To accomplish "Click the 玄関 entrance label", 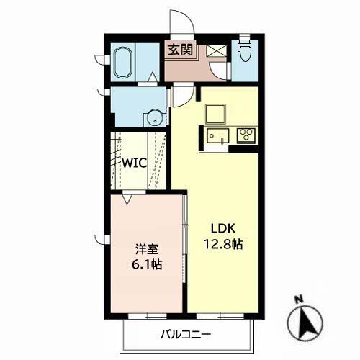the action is [x=180, y=50].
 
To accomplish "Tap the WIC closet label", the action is [x=135, y=163].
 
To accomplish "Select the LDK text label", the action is [x=223, y=228].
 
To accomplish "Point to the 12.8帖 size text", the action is [x=223, y=244].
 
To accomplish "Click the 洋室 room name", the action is [x=147, y=249].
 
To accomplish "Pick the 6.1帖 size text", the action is [x=147, y=264].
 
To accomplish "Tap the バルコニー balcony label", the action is [x=186, y=334].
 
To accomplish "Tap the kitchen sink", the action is [x=218, y=136].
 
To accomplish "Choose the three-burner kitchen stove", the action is [x=246, y=135].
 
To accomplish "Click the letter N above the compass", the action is [x=299, y=300].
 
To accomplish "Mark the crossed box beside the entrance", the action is [x=216, y=51].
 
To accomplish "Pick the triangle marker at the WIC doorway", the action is [x=127, y=199].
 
